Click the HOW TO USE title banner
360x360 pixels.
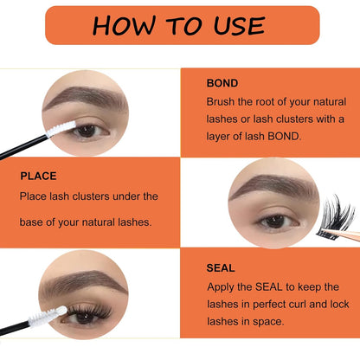coord(181,24)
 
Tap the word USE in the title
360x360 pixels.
coord(235,24)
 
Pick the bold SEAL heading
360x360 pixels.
coord(221,268)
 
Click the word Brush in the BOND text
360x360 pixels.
coord(222,102)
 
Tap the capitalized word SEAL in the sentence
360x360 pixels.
coord(264,286)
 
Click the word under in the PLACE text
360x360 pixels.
coord(141,196)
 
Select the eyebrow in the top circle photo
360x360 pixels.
coord(84,98)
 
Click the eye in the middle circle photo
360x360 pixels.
coord(275,221)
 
